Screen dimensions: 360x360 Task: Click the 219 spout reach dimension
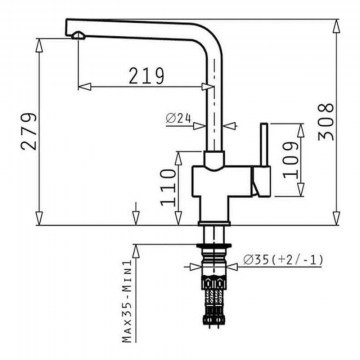coord(147,75)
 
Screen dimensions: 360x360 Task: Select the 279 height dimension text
coord(29,131)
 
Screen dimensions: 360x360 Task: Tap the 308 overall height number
coord(326,122)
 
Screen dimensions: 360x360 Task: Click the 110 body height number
coord(168,187)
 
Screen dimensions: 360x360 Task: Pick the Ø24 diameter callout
coord(179,118)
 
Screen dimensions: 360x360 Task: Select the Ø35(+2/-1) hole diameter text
coord(283,260)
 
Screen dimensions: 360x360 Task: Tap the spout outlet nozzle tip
coord(79,35)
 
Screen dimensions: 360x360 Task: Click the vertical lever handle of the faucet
coord(264,145)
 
